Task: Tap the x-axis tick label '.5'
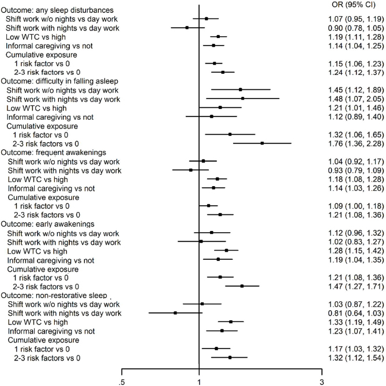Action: (x=121, y=381)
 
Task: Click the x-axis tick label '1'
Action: (x=199, y=381)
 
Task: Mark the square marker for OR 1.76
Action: (x=262, y=159)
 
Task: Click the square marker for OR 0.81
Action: (x=175, y=313)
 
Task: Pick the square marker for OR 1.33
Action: (x=231, y=322)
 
